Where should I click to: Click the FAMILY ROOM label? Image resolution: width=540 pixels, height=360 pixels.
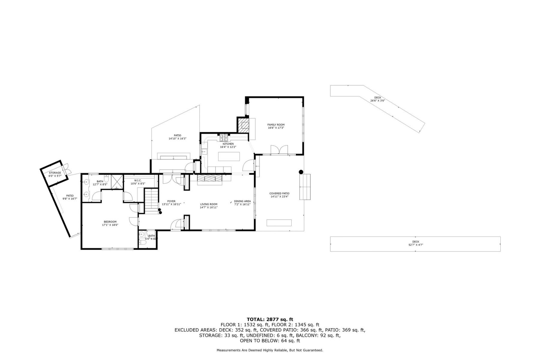(276, 125)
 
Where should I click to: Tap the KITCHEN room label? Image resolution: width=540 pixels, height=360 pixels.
(228, 144)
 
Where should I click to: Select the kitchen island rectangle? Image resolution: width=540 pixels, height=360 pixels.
(229, 156)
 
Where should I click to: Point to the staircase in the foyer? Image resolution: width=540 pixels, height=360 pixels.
(151, 200)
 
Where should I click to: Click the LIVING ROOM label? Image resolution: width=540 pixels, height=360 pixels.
(208, 204)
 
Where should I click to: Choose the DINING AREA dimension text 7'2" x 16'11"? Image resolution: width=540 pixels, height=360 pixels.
(242, 205)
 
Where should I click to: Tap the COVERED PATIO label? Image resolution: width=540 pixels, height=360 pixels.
(279, 193)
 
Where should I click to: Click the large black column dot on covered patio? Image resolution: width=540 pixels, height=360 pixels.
(301, 172)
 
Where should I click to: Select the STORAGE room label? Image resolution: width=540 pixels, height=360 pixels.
(55, 173)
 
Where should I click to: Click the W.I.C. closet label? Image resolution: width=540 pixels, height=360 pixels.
(138, 181)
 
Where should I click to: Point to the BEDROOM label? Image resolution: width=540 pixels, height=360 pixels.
(110, 222)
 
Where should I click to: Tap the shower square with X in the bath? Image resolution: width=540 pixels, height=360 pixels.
(117, 181)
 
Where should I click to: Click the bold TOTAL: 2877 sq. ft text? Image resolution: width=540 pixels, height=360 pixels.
(270, 319)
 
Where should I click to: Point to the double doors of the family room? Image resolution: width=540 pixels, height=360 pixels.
(279, 150)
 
